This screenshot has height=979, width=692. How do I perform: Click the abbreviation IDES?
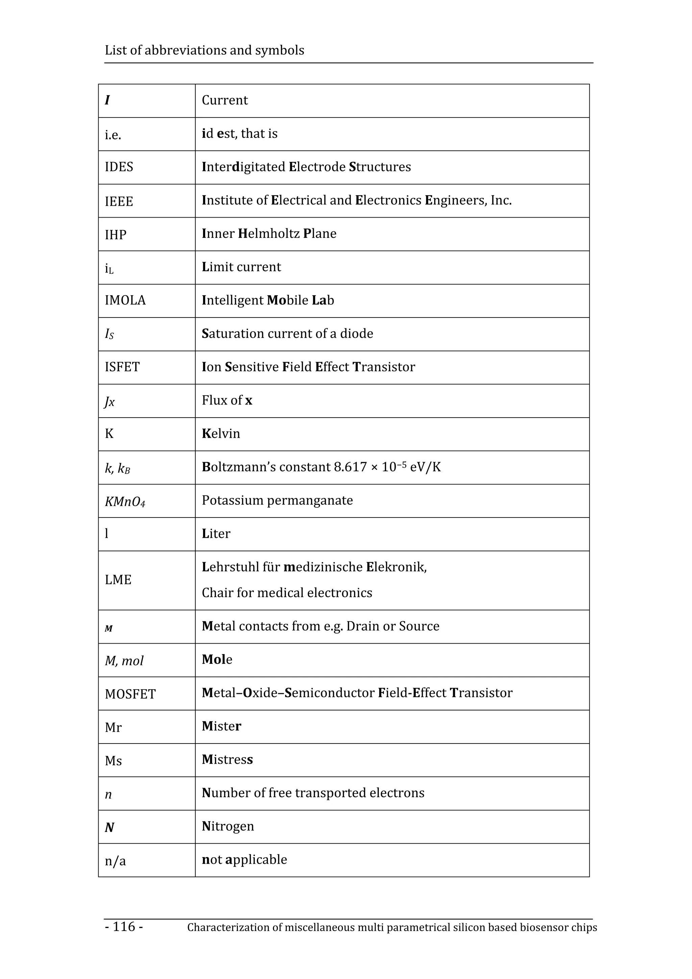click(119, 167)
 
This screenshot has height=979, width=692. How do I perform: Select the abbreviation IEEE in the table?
click(119, 201)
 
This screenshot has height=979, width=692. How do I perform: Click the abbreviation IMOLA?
click(125, 300)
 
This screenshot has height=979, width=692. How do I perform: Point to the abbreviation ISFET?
click(122, 367)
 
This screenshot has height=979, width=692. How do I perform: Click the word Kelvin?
click(221, 434)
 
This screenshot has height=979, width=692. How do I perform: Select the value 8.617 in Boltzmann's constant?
click(350, 467)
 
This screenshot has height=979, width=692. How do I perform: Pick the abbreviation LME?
click(118, 580)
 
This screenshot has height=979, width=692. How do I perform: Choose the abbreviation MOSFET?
click(130, 694)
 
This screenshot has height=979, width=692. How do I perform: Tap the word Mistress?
click(227, 759)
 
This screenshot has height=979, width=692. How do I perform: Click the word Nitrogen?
click(228, 826)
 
